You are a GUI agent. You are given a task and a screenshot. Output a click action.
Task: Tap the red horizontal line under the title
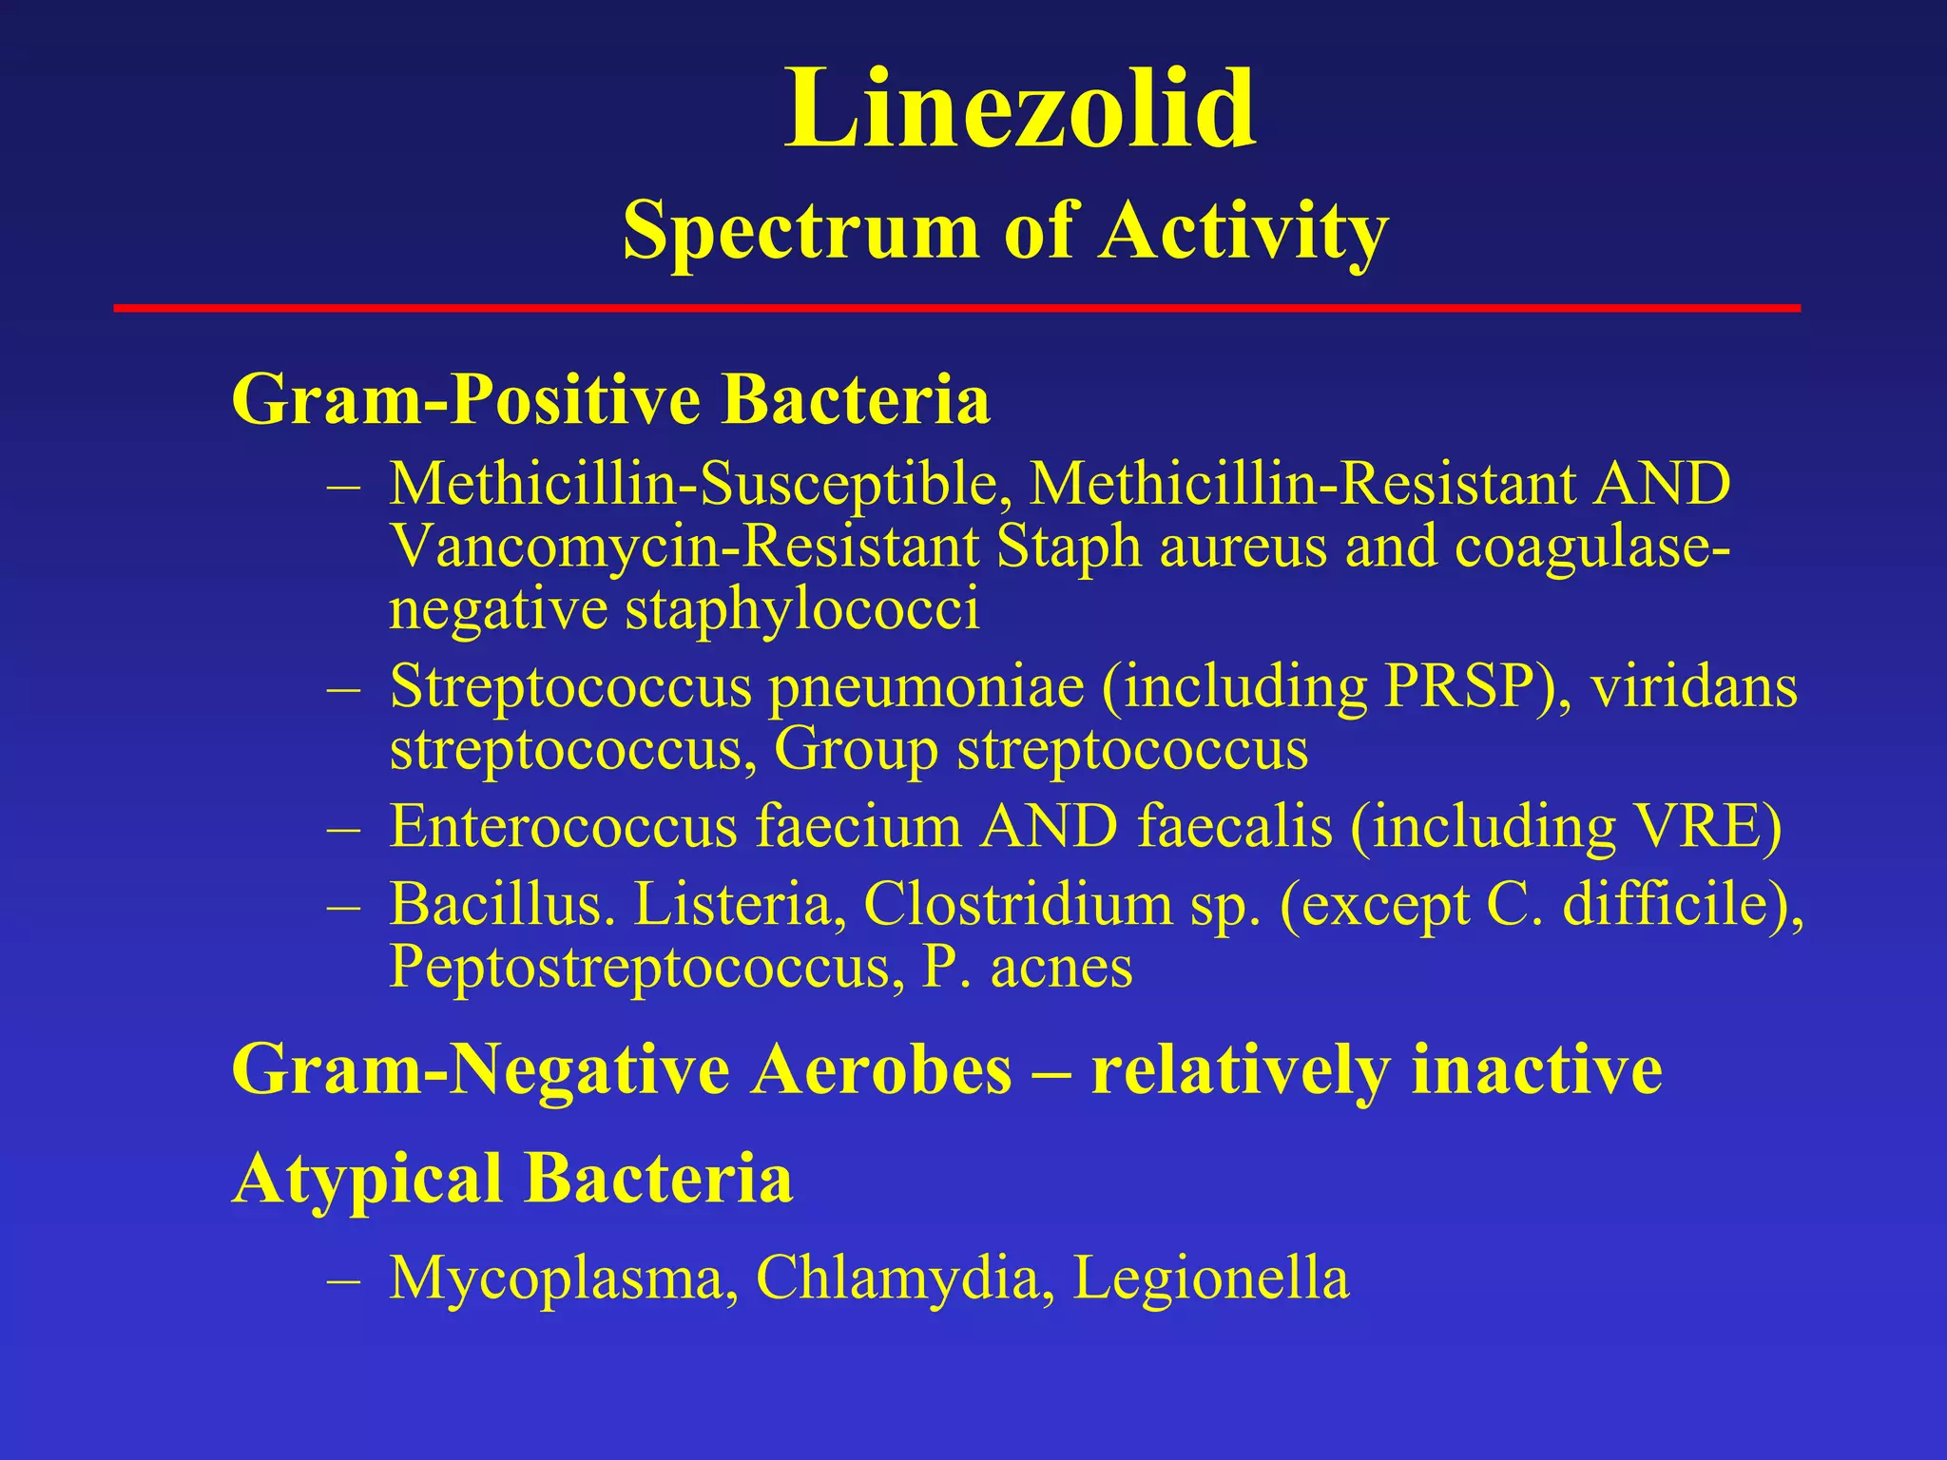956,308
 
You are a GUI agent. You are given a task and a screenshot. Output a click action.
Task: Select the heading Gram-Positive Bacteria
610,399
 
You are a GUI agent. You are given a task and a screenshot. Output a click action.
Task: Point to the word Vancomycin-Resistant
684,547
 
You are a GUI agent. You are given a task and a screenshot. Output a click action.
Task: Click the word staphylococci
801,610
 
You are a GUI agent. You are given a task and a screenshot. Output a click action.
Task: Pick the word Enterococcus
563,827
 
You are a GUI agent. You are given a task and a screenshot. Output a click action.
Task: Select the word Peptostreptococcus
646,968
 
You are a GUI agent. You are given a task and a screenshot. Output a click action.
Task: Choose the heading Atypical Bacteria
512,1179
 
